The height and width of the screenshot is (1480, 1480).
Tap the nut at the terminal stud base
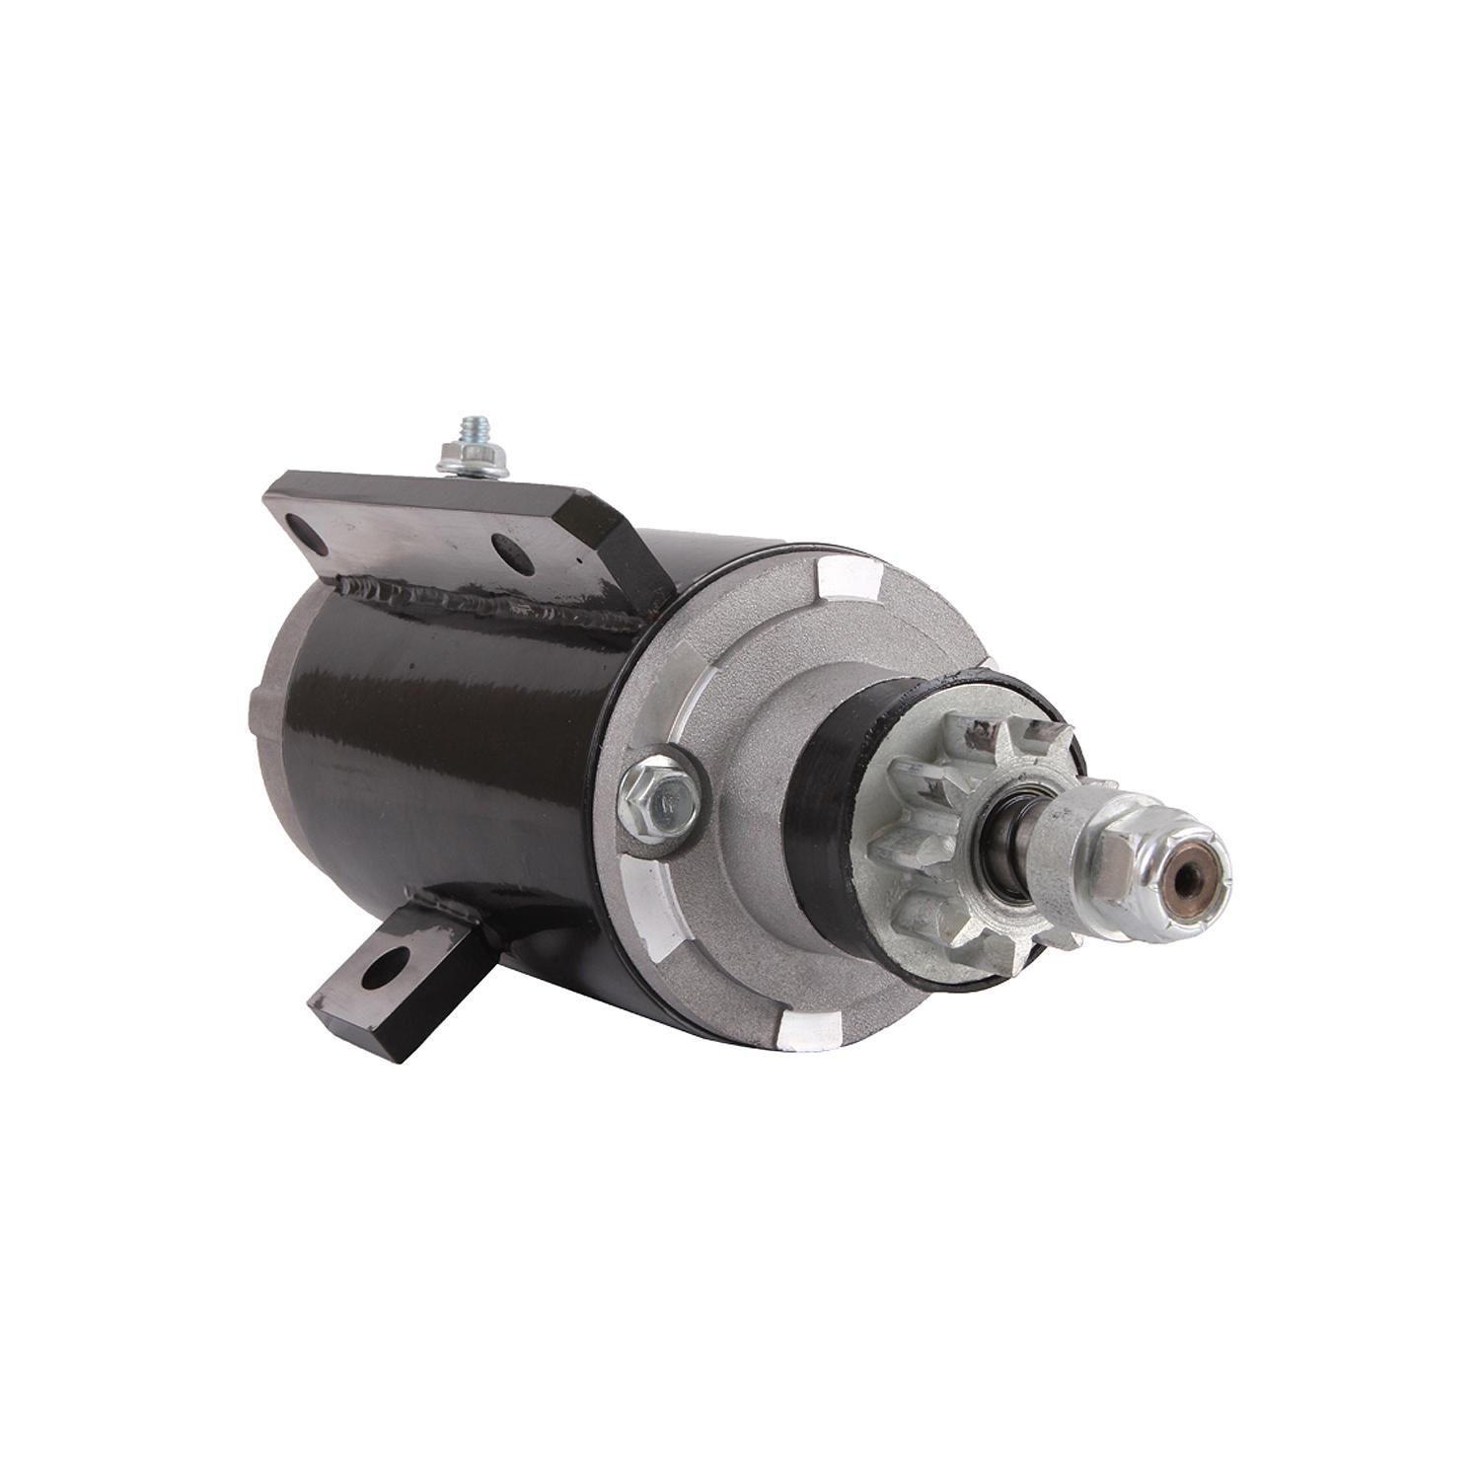click(x=472, y=463)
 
